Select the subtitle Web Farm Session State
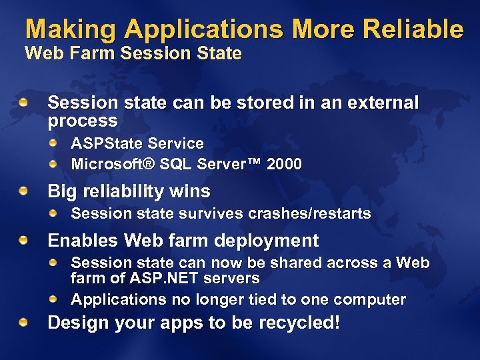[x=133, y=53]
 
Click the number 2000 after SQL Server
[x=284, y=164]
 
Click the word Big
[x=63, y=192]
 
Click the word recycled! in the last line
[x=300, y=323]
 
